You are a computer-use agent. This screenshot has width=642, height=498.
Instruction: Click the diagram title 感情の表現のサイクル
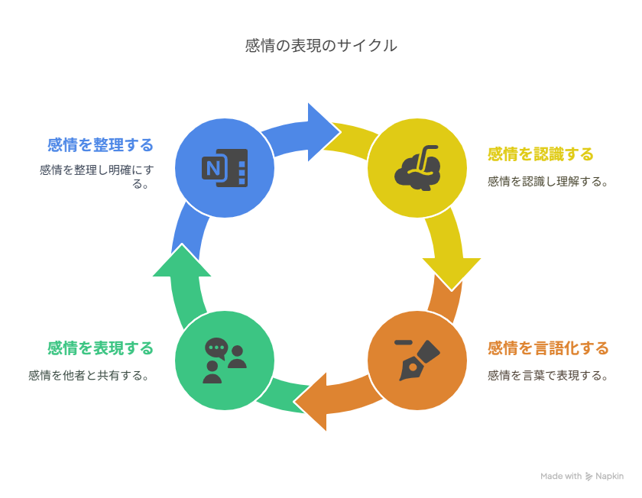[321, 46]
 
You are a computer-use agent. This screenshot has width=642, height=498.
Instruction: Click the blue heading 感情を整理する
[100, 144]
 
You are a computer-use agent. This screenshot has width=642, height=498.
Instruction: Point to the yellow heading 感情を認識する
[540, 154]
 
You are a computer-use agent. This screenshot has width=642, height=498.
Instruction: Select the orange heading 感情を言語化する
[548, 348]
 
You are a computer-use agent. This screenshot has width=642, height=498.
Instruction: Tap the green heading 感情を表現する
[100, 348]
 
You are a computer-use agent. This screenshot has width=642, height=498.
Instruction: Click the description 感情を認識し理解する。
[548, 182]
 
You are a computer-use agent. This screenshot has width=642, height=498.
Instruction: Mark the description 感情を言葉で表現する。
[548, 376]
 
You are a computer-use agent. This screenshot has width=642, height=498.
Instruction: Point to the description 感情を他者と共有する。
[89, 376]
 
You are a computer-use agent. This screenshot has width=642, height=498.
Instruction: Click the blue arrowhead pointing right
[321, 131]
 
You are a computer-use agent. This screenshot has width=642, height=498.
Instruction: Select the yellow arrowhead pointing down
[451, 271]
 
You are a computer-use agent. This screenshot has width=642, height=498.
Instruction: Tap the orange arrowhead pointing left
[313, 403]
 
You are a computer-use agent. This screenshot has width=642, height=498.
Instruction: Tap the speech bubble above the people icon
[216, 348]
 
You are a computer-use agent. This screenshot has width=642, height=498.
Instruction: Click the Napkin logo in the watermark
[589, 477]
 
